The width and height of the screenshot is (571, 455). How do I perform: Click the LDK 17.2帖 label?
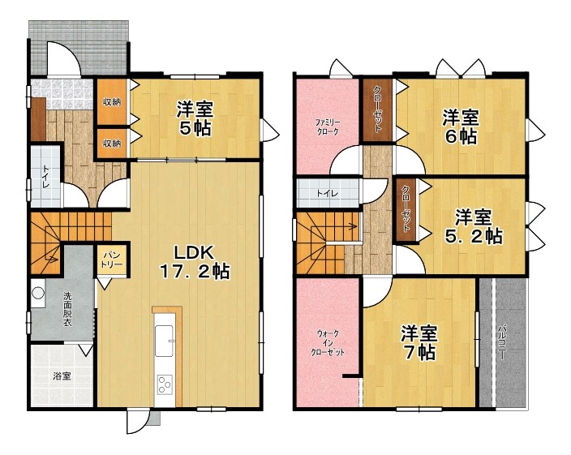195,262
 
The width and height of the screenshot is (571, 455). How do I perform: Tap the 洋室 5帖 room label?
195,118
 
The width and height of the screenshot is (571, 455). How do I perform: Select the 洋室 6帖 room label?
461,127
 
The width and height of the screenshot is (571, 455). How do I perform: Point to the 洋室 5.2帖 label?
474,226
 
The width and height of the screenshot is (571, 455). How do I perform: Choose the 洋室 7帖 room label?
419,342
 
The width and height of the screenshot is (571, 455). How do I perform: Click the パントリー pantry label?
112,260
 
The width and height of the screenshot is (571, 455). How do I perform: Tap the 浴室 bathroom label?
62,376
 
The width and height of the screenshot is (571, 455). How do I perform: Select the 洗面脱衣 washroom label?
67,309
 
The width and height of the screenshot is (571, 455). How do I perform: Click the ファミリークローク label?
327,127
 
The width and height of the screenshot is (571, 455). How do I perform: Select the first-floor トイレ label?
46,177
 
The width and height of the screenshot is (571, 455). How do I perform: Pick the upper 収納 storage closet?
112,102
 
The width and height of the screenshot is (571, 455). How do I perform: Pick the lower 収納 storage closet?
112,143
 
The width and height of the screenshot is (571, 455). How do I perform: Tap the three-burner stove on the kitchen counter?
165,384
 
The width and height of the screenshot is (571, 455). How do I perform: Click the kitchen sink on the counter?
164,341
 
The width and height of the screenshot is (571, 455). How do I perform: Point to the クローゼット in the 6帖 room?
378,110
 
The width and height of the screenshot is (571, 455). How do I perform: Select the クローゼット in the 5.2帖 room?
406,209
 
